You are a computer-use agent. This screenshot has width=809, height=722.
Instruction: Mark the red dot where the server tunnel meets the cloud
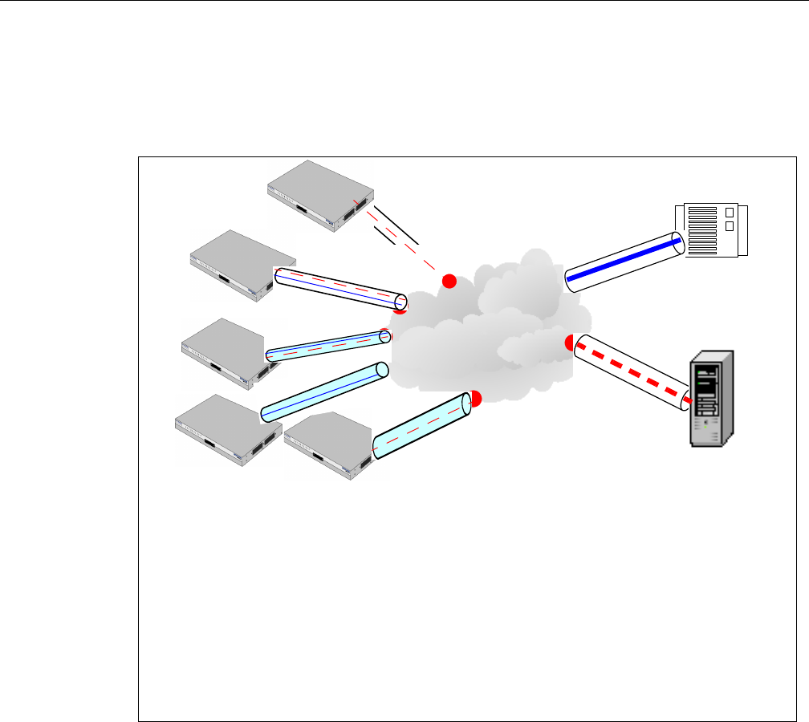(571, 343)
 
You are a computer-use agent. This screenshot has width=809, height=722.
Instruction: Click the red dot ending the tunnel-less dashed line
(449, 281)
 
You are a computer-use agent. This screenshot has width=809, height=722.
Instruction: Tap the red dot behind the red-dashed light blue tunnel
(475, 399)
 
